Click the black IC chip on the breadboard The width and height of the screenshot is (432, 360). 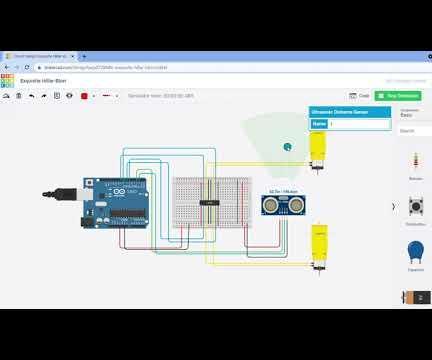(209, 202)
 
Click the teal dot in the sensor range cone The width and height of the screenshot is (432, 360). (288, 146)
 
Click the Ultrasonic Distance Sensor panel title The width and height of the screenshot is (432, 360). (338, 112)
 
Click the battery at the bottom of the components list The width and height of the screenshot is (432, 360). (415, 297)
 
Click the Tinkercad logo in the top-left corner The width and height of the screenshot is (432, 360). (8, 80)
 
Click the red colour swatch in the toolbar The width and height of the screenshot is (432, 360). (84, 96)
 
